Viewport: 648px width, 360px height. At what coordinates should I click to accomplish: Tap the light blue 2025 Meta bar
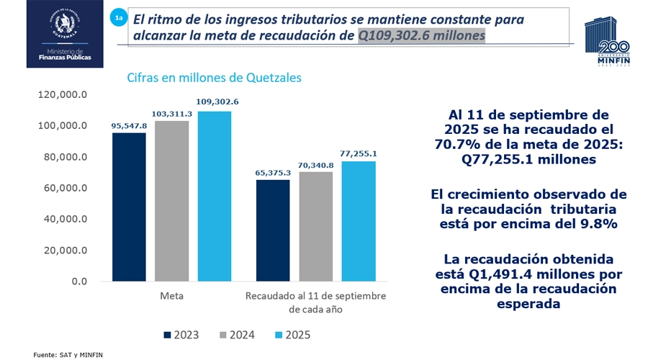pos(215,196)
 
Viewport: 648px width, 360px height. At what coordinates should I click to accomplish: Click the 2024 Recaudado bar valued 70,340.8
pos(317,226)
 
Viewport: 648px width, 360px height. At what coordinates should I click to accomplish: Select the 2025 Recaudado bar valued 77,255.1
pos(359,221)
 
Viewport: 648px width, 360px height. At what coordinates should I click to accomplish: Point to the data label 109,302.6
pos(215,102)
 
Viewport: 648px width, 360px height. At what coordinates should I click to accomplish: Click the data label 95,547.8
pos(129,125)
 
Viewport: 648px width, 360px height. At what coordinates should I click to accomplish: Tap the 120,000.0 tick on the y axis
pos(64,94)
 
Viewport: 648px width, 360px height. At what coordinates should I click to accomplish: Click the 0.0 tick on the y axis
pos(78,282)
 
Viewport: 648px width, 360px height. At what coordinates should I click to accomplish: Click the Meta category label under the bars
pos(171,296)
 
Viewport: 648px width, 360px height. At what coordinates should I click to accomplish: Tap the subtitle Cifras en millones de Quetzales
pos(214,76)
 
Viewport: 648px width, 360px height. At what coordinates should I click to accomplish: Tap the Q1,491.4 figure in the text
pos(501,274)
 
